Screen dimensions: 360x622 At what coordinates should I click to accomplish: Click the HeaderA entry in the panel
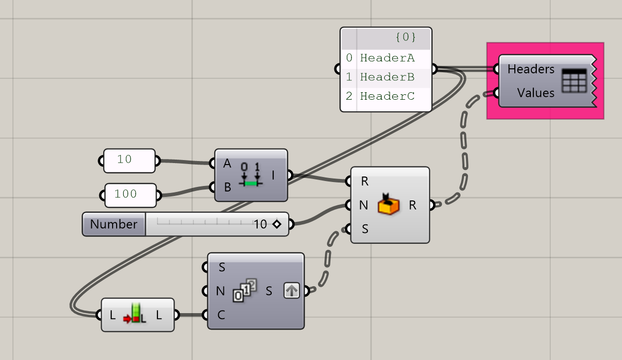[x=387, y=58]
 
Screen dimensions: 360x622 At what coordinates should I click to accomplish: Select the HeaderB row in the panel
[x=387, y=77]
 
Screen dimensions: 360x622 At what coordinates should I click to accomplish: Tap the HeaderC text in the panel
[x=387, y=96]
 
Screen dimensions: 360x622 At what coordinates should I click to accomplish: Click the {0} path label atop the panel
[x=405, y=37]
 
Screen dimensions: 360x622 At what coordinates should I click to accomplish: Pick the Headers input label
[x=531, y=69]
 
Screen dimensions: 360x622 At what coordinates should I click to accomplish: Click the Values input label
[x=536, y=93]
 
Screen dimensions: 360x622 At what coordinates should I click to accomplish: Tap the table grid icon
[x=574, y=81]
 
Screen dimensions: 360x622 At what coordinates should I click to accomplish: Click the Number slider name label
[x=114, y=224]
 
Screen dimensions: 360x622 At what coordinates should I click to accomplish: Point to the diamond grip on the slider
[x=277, y=224]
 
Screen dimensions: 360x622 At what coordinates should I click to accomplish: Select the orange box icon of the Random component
[x=388, y=204]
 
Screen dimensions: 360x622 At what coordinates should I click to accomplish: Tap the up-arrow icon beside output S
[x=292, y=290]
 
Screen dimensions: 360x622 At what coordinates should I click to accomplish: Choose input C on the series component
[x=221, y=315]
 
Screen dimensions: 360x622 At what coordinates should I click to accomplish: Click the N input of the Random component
[x=363, y=205]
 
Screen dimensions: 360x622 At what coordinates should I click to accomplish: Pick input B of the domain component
[x=227, y=187]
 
